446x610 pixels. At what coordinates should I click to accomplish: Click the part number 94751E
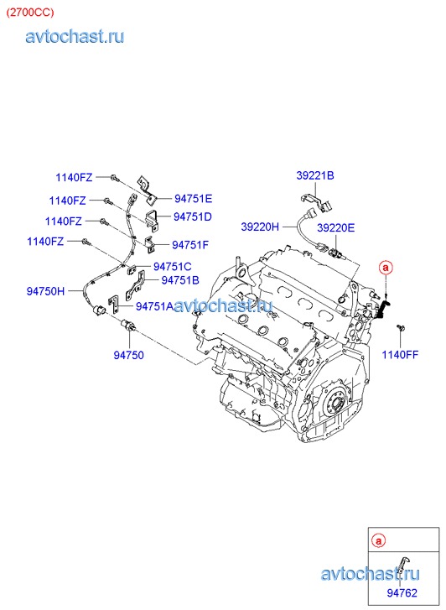click(194, 199)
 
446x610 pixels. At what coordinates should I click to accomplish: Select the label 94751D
click(193, 216)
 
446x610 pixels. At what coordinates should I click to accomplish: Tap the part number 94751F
click(190, 245)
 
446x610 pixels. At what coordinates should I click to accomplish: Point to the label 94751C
click(172, 267)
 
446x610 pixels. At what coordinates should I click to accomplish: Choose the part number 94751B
click(180, 280)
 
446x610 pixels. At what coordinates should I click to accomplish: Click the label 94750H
click(45, 291)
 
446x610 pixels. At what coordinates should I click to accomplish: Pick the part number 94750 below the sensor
click(129, 355)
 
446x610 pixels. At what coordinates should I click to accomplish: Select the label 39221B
click(315, 175)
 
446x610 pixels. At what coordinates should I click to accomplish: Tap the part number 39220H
click(260, 227)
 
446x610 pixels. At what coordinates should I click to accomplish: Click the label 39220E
click(336, 227)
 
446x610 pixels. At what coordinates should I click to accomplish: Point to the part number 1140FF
click(400, 355)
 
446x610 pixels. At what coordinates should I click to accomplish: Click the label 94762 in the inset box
click(402, 593)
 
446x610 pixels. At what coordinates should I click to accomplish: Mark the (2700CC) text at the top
click(30, 13)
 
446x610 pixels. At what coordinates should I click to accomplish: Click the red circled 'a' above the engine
click(386, 268)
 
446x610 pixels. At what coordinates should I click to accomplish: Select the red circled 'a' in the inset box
click(378, 540)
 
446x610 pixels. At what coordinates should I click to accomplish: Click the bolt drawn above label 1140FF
click(401, 328)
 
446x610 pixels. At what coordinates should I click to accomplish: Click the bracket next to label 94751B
click(135, 286)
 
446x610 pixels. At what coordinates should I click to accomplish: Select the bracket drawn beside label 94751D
click(153, 220)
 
